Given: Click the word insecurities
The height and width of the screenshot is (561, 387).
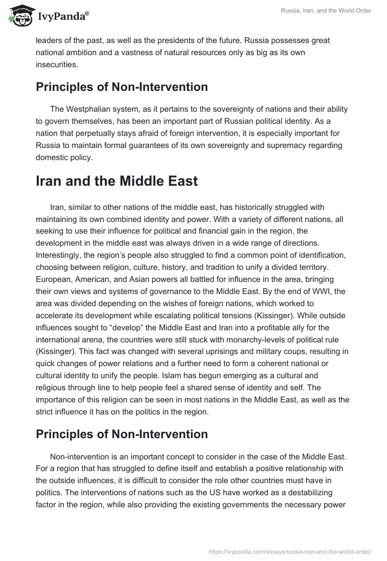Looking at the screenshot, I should pyautogui.click(x=56, y=64).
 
